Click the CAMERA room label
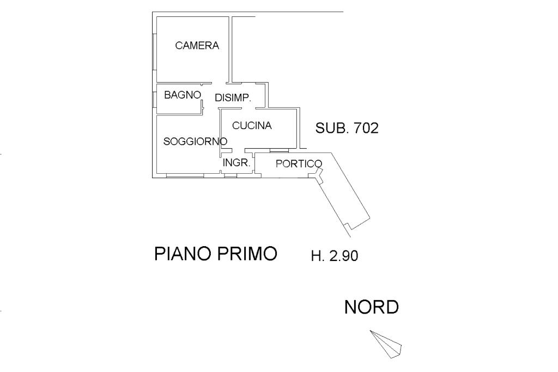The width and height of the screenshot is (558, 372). coord(197,46)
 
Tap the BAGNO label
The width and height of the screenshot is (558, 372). coord(183,95)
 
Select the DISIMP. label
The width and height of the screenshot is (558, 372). coord(233,98)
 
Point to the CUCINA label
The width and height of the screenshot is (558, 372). coord(252,126)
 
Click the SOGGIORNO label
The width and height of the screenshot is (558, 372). coord(195,142)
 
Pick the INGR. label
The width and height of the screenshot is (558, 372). coord(236,162)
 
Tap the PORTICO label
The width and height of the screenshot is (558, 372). coord(299,163)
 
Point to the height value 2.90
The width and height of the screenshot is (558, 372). coord(342,256)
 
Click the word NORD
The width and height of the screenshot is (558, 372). coord(371,307)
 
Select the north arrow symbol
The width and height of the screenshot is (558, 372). coord(386,343)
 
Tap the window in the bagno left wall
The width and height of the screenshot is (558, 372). coord(155,99)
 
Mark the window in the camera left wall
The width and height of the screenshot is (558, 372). coord(155,52)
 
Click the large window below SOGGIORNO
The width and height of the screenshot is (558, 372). coord(185,175)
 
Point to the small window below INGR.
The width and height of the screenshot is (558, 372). coord(231,175)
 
